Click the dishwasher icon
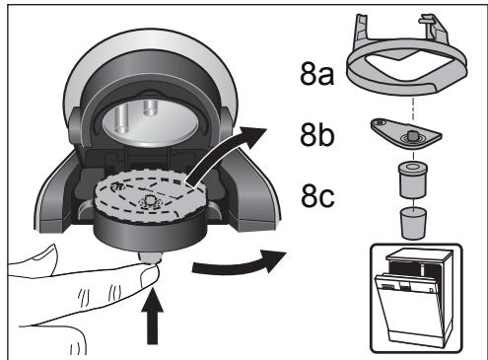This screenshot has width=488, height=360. pyautogui.click(x=410, y=296)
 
